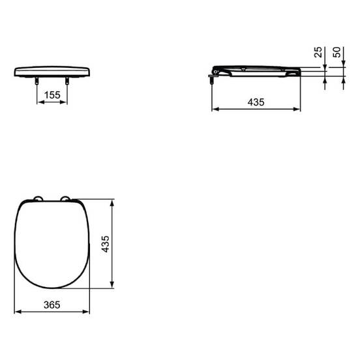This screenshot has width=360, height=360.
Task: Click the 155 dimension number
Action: [52, 95]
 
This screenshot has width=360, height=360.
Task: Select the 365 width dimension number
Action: [52, 305]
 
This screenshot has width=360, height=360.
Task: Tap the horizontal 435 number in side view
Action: [256, 102]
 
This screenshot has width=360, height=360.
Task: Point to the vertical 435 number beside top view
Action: [106, 244]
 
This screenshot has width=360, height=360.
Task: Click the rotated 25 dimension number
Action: [318, 52]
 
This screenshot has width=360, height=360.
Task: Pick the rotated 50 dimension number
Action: [337, 52]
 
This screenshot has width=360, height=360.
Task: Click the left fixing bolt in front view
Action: [37, 81]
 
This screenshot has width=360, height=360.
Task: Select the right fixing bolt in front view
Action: [67, 81]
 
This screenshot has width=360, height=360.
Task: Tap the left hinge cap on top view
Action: [38, 199]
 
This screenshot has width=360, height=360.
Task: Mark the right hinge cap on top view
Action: [65, 199]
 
